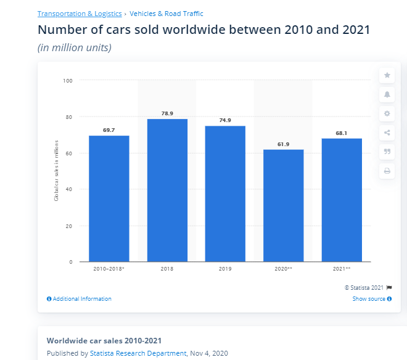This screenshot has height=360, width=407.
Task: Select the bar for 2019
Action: tap(225, 194)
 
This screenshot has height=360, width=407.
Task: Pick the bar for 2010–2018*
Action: tap(109, 198)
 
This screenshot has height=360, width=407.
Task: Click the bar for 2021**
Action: tap(342, 200)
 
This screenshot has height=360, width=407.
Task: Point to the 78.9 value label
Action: tap(167, 113)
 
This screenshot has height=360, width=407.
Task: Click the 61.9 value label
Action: tap(283, 144)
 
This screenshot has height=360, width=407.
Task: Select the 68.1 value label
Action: tap(342, 133)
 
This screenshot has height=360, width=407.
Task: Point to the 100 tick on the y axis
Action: tap(68, 80)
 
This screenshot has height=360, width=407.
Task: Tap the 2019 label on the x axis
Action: tap(225, 269)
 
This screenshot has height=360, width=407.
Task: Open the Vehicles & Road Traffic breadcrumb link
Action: tap(175, 14)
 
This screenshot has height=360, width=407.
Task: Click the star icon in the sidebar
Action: tap(387, 75)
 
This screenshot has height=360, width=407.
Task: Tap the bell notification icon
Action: tap(387, 94)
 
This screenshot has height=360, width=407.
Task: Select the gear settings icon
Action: tap(387, 113)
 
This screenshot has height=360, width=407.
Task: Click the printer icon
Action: tap(387, 171)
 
